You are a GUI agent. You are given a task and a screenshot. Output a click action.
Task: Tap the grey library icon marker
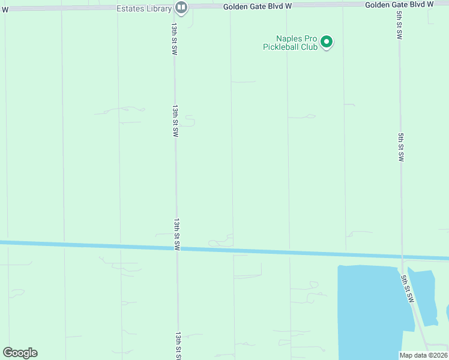(181, 7)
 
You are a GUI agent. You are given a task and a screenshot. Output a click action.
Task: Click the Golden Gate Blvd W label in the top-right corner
(399, 5)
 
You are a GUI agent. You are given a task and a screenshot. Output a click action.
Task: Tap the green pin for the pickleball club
(327, 42)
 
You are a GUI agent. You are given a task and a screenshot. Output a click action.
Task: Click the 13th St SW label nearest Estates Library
(173, 40)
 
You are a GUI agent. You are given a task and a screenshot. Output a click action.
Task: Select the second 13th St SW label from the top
(175, 121)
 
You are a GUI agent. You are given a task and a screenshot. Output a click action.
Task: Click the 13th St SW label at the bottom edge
(179, 346)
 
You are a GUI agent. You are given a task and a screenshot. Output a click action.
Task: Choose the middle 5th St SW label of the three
(401, 147)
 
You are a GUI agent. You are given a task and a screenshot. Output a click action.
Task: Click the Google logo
(20, 353)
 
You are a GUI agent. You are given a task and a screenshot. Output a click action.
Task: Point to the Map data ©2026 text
(424, 355)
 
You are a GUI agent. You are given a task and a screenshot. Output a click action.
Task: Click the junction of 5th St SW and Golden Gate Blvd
(398, 5)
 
